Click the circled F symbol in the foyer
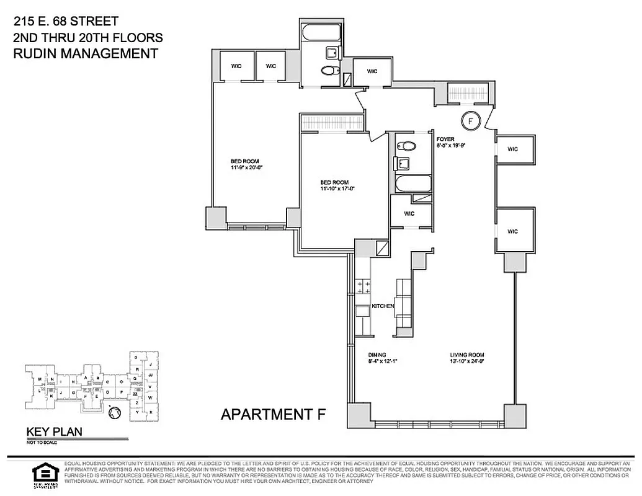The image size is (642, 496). pyautogui.click(x=471, y=120)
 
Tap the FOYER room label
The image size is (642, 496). pyautogui.click(x=445, y=139)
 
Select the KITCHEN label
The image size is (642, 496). pyautogui.click(x=383, y=306)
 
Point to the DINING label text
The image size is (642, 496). pyautogui.click(x=377, y=356)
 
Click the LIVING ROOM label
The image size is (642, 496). pyautogui.click(x=466, y=356)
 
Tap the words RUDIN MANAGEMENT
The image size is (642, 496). pyautogui.click(x=85, y=54)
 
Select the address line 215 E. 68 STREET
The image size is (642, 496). pyautogui.click(x=65, y=22)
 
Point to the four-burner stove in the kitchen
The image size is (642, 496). pyautogui.click(x=362, y=286)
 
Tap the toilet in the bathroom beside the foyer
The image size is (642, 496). pyautogui.click(x=408, y=146)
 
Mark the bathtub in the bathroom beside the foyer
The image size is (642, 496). pyautogui.click(x=412, y=184)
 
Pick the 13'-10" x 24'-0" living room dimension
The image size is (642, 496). pyautogui.click(x=466, y=361)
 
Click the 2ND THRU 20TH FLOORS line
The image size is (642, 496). pyautogui.click(x=87, y=38)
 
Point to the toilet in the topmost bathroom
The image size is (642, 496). pyautogui.click(x=328, y=71)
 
